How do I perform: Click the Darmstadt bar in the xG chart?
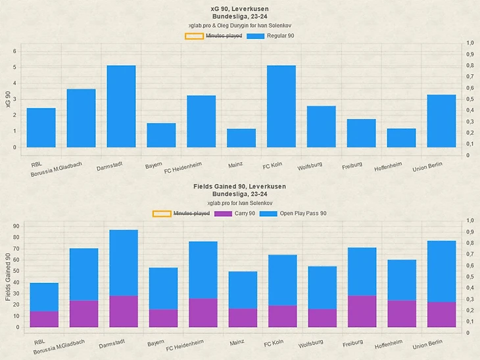coord(121,106)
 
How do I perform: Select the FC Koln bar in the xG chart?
coord(281,106)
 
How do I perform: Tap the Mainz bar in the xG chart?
coord(241,138)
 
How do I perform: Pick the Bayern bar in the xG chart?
coord(161,135)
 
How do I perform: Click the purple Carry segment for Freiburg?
coord(362,311)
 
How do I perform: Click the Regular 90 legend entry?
coord(270,35)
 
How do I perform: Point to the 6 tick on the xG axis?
coord(14,51)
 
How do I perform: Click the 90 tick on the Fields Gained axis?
coord(16,226)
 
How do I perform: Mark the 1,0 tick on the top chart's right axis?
coord(469,43)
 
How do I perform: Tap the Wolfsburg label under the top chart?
coord(310,167)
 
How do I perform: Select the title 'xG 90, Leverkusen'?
coord(240,8)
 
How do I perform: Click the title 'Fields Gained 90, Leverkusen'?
coord(240,187)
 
